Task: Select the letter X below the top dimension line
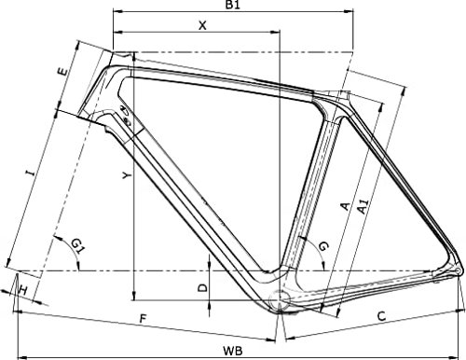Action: point(202,26)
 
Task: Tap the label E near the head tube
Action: point(62,71)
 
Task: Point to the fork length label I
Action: point(31,173)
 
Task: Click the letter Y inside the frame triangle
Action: point(125,174)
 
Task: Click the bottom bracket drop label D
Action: point(202,288)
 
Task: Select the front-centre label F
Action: point(143,320)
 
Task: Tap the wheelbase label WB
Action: point(240,350)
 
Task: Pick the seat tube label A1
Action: point(363,199)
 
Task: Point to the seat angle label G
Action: point(322,245)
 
